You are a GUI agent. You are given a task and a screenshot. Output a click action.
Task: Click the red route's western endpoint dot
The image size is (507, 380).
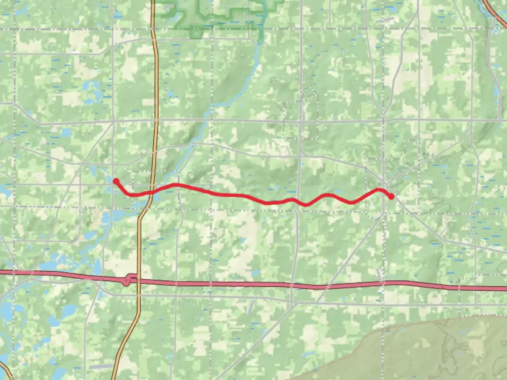click(x=115, y=181)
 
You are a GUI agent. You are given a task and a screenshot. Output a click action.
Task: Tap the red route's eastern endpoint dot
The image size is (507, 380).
click(x=391, y=196)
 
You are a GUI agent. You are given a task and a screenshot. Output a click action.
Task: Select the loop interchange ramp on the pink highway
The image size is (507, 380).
click(x=127, y=280)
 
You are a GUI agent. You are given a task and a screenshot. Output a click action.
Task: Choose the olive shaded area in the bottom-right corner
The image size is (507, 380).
click(x=423, y=352)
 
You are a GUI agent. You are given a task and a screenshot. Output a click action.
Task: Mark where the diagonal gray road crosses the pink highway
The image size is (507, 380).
click(x=328, y=287)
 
